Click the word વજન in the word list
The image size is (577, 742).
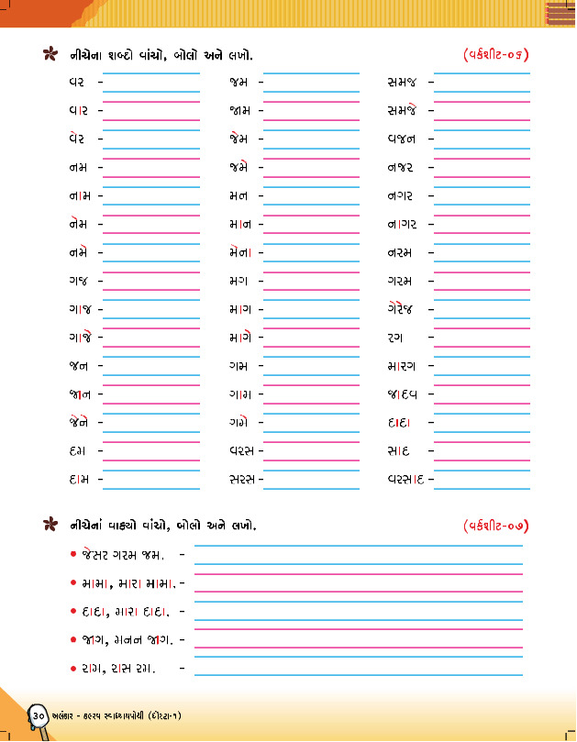pos(402,139)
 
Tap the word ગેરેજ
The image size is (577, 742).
pos(402,310)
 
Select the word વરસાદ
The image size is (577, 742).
pos(405,480)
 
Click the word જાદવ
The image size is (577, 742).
pos(403,395)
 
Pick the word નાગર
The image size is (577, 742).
pos(403,225)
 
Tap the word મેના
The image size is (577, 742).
pos(241,252)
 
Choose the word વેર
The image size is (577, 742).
pos(77,138)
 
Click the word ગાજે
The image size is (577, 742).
pos(79,338)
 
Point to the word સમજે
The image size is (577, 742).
pos(403,111)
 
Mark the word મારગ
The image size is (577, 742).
pos(403,367)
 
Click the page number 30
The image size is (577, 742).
pos(39,714)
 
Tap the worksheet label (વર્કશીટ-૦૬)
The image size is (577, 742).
pos(496,56)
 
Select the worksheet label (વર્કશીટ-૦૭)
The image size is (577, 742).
pos(496,526)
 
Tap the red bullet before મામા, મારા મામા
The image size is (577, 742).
pos(72,583)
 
